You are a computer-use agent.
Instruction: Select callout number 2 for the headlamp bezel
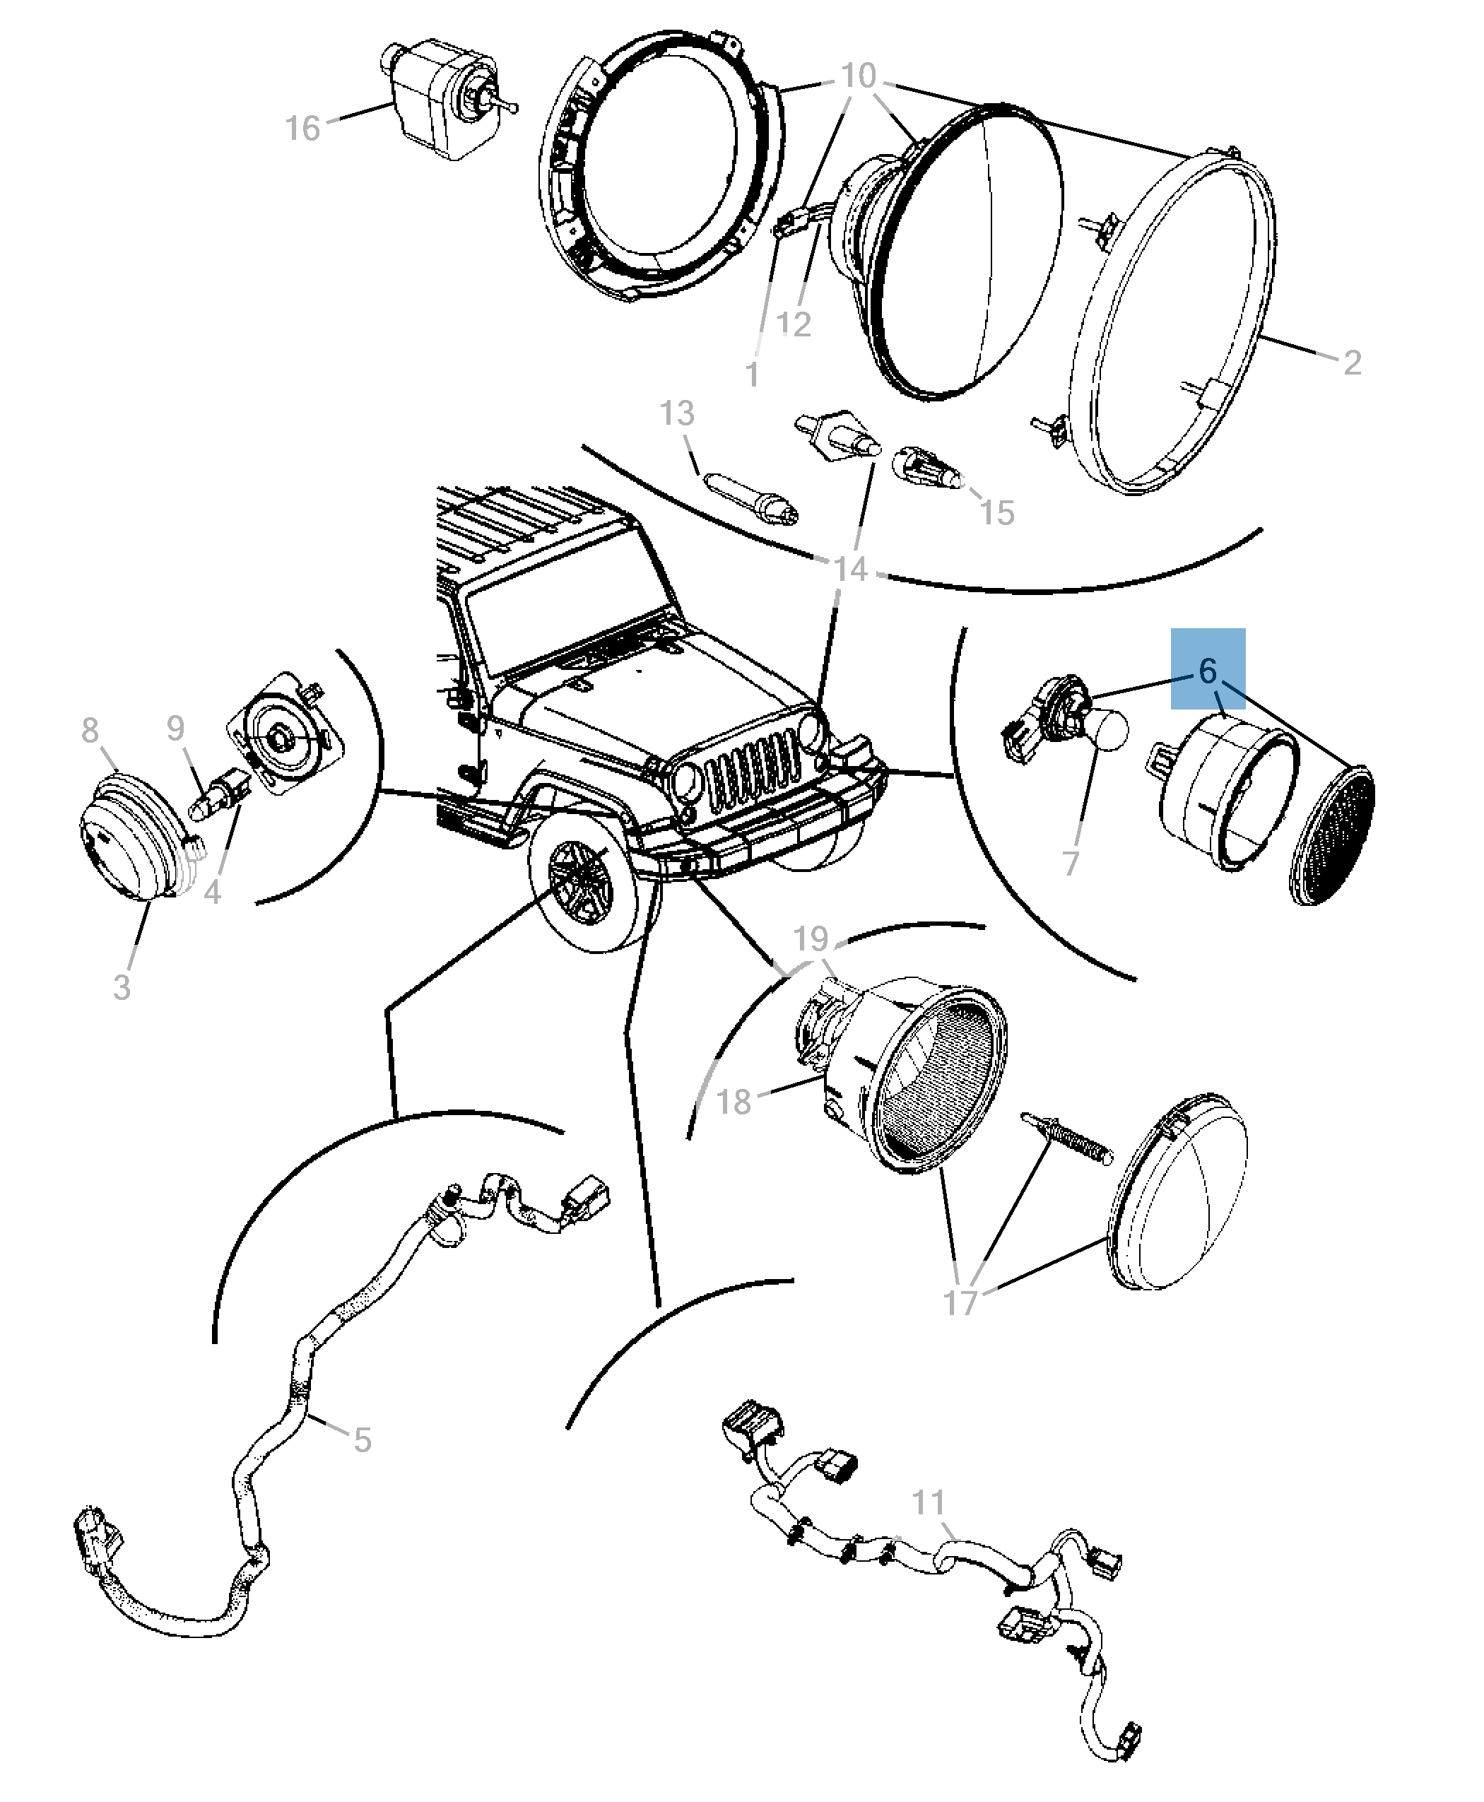tap(1351, 363)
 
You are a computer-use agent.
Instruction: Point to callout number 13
tap(677, 413)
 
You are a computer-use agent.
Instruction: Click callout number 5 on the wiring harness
tap(363, 1439)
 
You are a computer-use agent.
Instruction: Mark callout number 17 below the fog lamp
tap(959, 1303)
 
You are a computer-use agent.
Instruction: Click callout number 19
tap(811, 938)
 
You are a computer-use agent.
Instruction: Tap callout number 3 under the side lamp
tap(122, 986)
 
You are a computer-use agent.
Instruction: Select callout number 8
tap(90, 730)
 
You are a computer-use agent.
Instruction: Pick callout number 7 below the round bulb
tap(1071, 864)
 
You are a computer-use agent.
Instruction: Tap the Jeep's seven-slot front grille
tap(753, 770)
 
